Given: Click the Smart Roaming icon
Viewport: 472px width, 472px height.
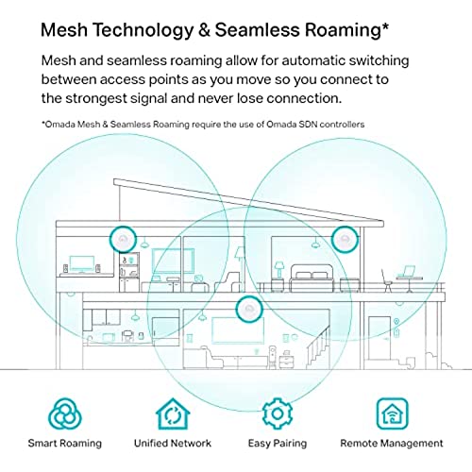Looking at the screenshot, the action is pos(65,414).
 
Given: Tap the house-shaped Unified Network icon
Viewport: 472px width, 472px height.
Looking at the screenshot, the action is pos(173,414).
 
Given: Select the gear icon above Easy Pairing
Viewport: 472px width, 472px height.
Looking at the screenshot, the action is pos(278,413).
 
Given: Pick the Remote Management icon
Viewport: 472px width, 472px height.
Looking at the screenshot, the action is pos(392,414).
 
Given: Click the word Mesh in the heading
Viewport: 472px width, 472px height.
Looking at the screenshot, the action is pos(64,30).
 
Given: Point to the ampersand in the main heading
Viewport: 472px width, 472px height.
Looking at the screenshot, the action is pos(204,30).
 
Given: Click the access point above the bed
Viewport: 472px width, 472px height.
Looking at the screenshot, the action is pos(346,240).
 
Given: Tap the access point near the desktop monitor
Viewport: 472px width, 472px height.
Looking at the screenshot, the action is pos(123,239).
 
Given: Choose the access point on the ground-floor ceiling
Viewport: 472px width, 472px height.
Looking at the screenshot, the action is pos(249,309).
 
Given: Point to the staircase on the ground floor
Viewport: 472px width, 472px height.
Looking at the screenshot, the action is pos(318,347).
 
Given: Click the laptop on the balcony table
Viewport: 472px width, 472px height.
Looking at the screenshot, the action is pos(409,272).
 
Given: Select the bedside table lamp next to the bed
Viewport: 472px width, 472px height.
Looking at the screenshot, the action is pos(278,270).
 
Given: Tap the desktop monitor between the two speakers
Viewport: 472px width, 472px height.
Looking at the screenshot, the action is pos(82,264).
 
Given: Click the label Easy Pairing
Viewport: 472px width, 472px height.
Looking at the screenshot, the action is pos(278,444).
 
